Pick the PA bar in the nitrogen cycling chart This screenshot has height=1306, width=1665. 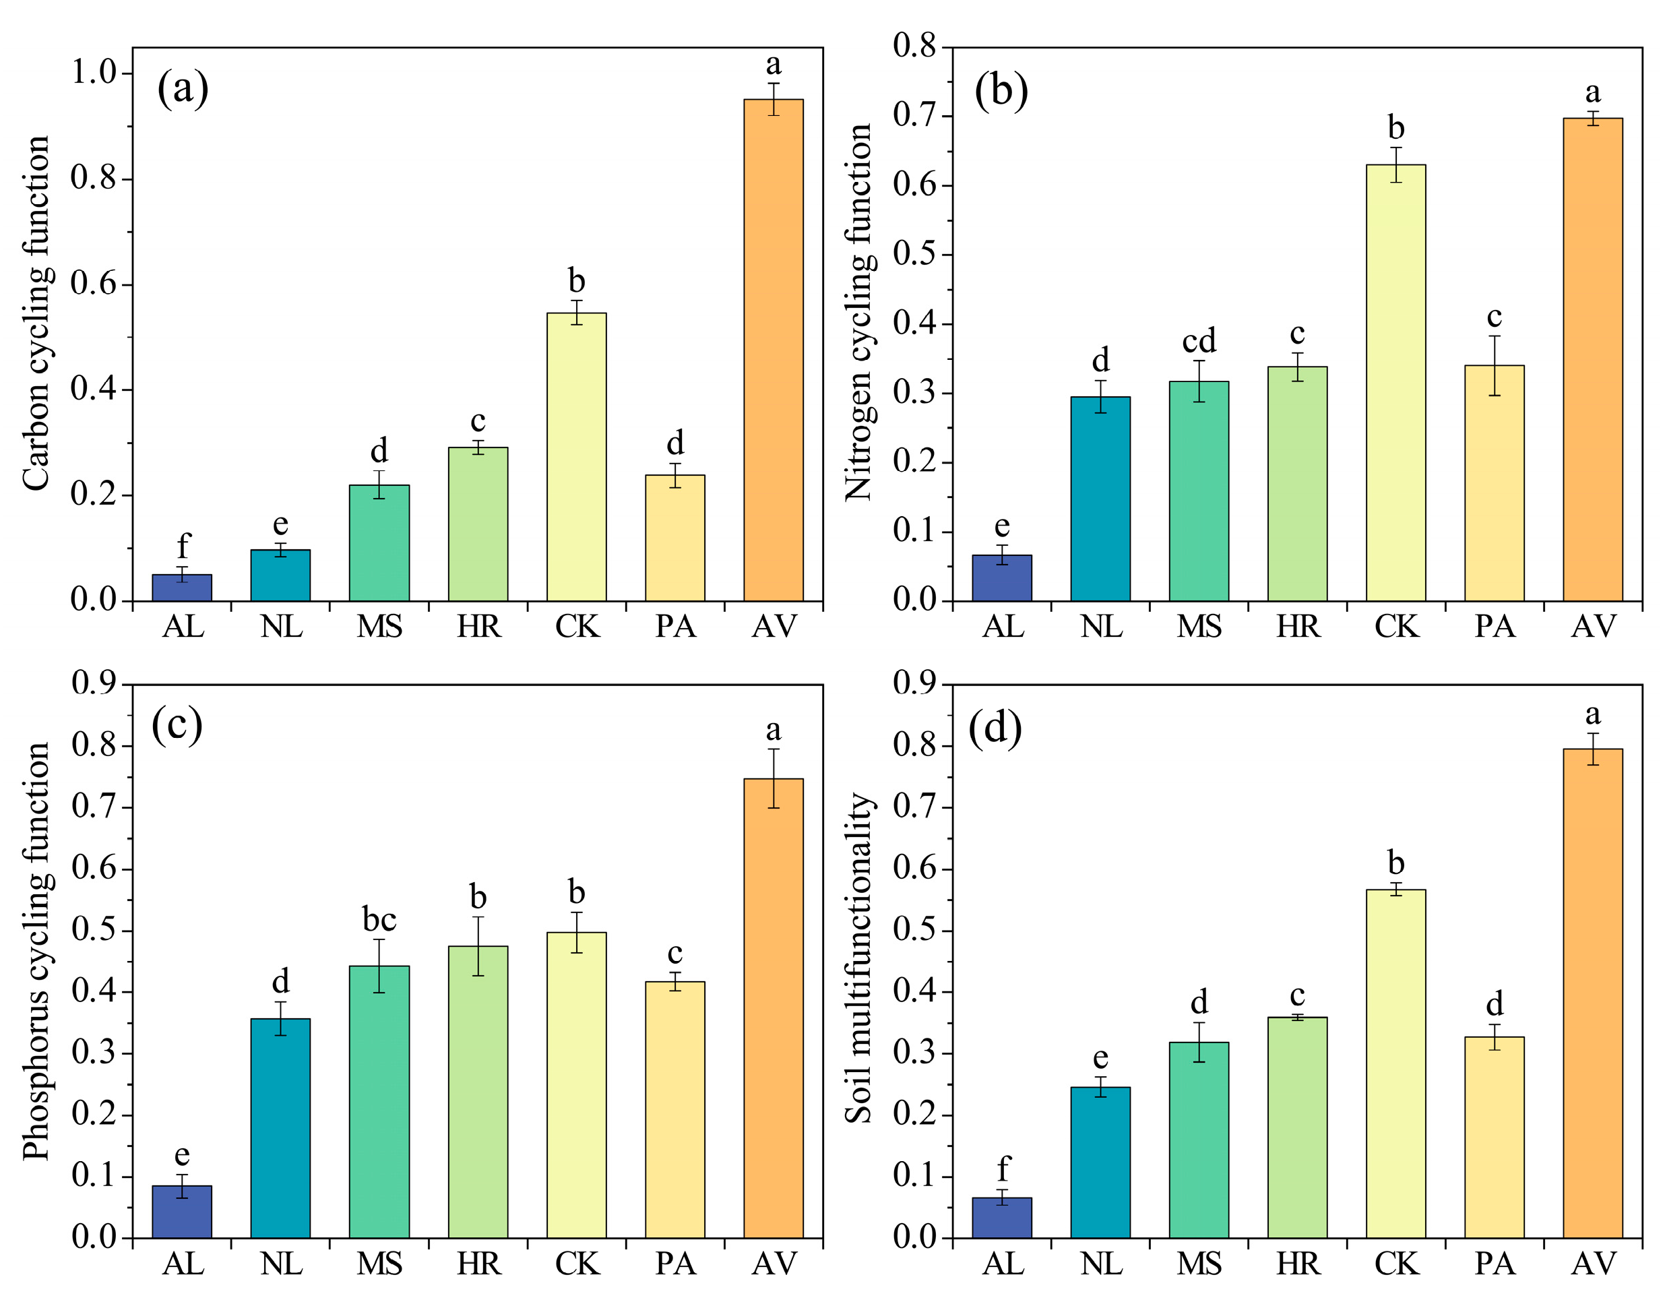(x=1494, y=483)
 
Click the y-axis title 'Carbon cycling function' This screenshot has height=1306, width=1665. (x=36, y=313)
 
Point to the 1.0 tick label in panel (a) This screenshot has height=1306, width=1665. (x=92, y=73)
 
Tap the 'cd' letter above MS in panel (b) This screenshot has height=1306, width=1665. (x=1198, y=341)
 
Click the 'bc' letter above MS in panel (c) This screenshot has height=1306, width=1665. (x=379, y=919)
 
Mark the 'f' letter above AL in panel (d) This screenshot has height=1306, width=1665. (x=1002, y=1169)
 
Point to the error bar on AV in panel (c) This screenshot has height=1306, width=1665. (x=773, y=778)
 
